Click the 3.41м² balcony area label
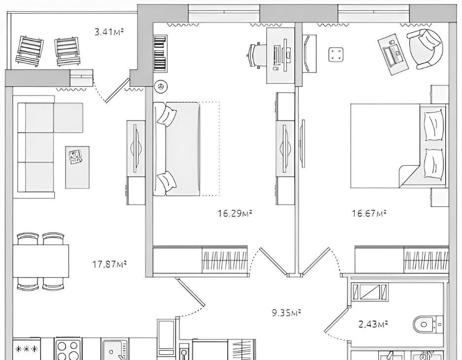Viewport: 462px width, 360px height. click(108, 31)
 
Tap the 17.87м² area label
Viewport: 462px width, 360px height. click(109, 264)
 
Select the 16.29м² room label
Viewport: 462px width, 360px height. click(235, 213)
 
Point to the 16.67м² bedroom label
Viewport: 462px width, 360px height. click(369, 213)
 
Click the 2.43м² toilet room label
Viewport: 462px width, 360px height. click(373, 324)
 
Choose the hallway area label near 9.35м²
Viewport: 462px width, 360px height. click(286, 312)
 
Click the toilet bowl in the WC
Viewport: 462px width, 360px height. click(428, 324)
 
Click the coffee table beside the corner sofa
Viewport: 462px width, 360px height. click(77, 167)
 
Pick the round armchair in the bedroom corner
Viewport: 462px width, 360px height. click(425, 49)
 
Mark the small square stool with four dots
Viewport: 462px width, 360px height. click(336, 55)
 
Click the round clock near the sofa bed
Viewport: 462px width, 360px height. click(160, 87)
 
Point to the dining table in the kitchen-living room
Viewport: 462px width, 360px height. click(40, 261)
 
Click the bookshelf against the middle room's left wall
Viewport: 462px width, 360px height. click(160, 53)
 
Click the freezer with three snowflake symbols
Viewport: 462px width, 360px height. click(27, 349)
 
